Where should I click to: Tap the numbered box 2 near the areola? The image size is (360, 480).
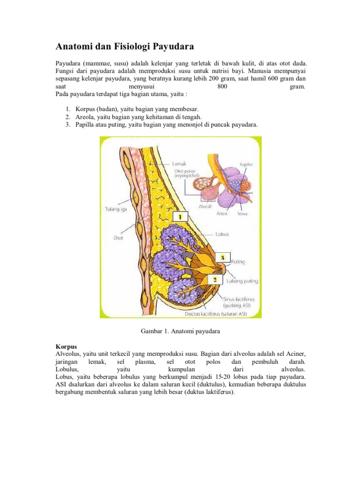click(215, 279)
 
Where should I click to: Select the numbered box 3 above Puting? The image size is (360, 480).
click(223, 258)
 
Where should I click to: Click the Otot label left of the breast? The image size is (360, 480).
click(119, 238)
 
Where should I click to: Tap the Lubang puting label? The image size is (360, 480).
click(242, 281)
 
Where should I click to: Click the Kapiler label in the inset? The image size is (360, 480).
click(247, 165)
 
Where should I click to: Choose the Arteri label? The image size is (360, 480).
click(222, 213)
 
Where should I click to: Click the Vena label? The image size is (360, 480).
click(242, 213)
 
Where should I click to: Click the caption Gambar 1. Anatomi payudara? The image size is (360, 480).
click(180, 331)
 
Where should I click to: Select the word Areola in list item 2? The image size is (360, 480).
click(86, 116)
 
